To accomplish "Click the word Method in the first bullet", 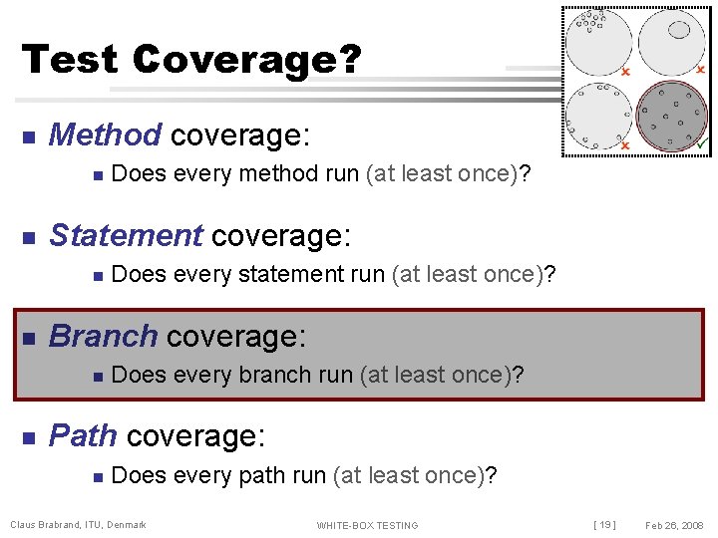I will (x=105, y=134).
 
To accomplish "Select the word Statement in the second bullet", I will (x=125, y=235).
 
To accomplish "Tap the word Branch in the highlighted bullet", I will (x=103, y=336).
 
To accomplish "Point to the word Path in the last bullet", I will (x=84, y=435).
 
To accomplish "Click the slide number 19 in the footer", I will (x=604, y=525).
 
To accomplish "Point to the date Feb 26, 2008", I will (x=674, y=525).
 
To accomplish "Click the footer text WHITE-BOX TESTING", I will (x=367, y=525).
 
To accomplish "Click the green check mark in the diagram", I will (x=703, y=145).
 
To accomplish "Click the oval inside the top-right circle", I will (x=679, y=30).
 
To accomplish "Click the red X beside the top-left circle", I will (x=625, y=72).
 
